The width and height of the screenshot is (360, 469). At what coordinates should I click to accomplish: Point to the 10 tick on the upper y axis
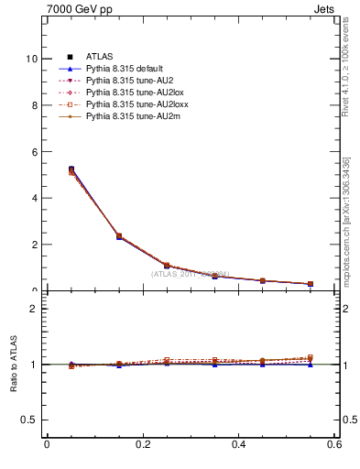[x=31, y=59]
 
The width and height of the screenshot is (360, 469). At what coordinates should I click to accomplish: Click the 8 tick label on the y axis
[x=34, y=105]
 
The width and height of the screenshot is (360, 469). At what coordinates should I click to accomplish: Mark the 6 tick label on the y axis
[x=34, y=151]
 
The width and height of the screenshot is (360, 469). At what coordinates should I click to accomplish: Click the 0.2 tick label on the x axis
[x=142, y=445]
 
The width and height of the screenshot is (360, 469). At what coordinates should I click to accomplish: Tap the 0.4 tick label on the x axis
[x=238, y=445]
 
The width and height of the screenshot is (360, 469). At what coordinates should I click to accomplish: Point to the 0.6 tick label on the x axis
[x=334, y=445]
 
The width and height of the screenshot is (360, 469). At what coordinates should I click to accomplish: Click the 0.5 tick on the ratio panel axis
[x=29, y=420]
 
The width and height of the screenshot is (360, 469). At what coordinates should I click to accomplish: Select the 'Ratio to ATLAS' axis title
[x=13, y=365]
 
